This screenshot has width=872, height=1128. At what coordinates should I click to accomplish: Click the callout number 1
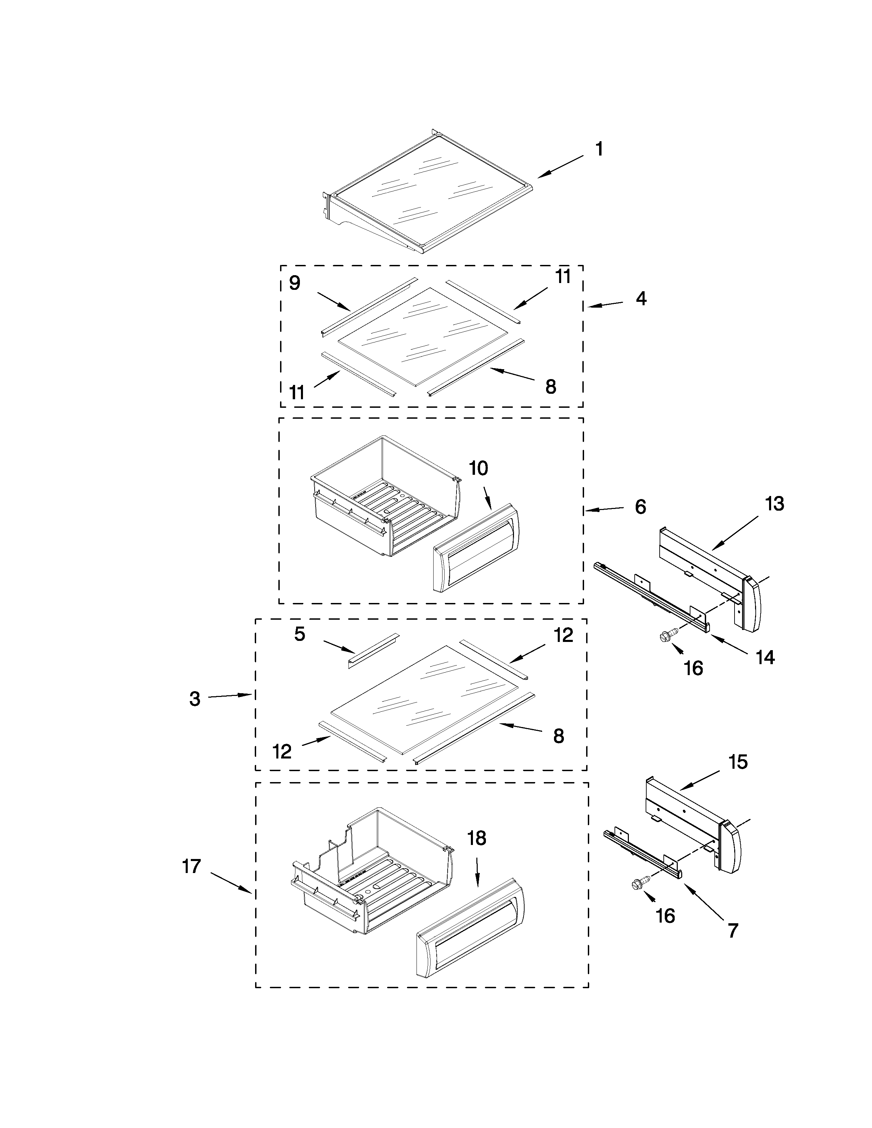[599, 149]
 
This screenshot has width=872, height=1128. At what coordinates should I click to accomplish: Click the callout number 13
[774, 503]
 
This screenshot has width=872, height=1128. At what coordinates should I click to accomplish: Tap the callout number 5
[300, 634]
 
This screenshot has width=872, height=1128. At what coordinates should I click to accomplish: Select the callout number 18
[477, 838]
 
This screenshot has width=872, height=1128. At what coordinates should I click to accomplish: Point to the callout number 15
[738, 762]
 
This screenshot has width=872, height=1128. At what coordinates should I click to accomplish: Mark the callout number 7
[733, 930]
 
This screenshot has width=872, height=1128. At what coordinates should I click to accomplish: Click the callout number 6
[640, 507]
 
